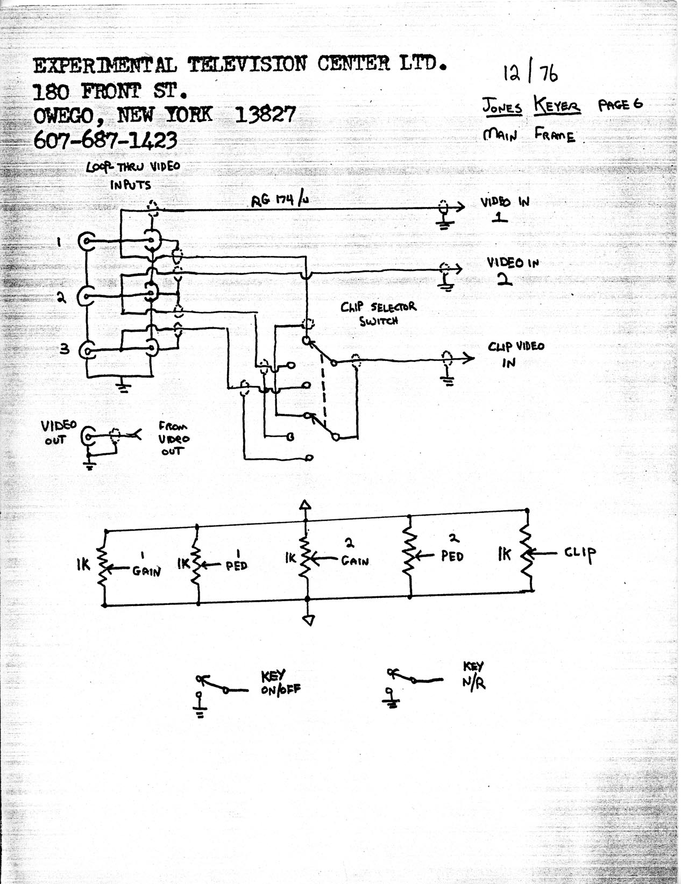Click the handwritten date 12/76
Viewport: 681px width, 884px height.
[530, 73]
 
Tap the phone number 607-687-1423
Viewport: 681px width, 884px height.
[105, 140]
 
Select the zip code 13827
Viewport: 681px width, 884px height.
[265, 115]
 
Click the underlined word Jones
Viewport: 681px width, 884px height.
[502, 107]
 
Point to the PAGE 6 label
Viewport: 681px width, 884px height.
[620, 105]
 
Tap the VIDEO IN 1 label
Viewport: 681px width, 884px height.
[505, 210]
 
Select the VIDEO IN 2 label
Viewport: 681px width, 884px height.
[513, 270]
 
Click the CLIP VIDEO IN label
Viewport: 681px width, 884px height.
[516, 354]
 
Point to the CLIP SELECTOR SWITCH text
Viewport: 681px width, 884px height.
[378, 313]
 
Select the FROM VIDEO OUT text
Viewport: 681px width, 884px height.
[174, 439]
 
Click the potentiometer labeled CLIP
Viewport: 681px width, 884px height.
[527, 553]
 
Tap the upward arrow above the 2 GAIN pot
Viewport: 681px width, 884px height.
[305, 505]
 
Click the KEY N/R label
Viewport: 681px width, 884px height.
[474, 676]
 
